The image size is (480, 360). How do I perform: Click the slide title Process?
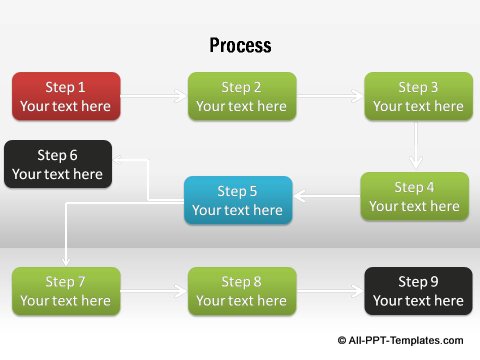click(240, 46)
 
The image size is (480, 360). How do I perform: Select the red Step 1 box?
click(66, 96)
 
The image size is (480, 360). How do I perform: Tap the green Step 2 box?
click(241, 96)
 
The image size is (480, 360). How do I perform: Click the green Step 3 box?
click(417, 96)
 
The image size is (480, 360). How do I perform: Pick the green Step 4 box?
click(414, 196)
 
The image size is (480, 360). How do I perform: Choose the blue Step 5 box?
click(238, 200)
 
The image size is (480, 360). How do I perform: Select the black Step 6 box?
click(57, 164)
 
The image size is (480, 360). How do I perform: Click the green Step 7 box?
click(66, 291)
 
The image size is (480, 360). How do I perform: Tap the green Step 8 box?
click(241, 291)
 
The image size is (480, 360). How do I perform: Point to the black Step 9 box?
click(417, 291)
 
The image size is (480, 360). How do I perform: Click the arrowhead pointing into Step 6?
click(117, 159)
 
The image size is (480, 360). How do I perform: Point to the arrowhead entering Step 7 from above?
click(66, 260)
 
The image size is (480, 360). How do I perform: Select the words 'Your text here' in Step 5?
click(238, 210)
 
